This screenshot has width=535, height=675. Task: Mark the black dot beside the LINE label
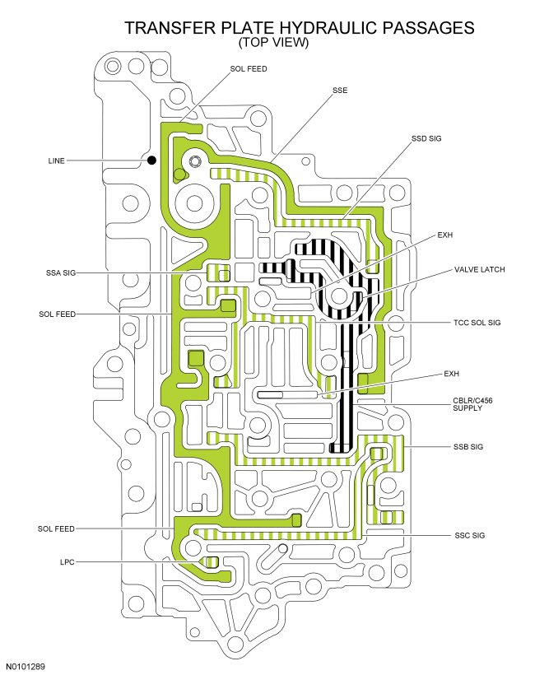151,161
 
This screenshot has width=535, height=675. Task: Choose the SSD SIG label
426,138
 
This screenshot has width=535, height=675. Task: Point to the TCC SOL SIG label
477,323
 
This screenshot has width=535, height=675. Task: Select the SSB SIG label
468,447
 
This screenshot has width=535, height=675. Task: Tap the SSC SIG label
468,536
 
